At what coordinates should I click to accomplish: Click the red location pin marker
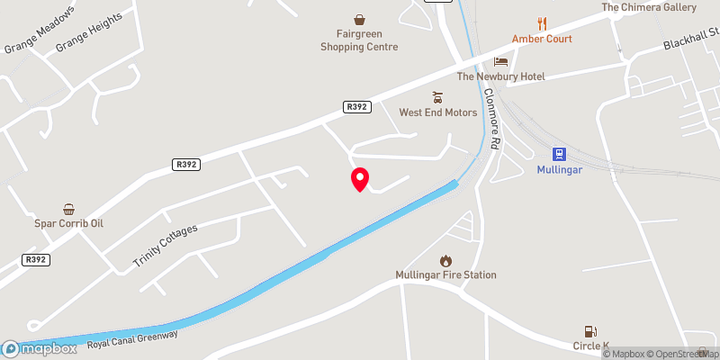point(359,179)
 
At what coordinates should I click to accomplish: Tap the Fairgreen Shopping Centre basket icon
point(360,19)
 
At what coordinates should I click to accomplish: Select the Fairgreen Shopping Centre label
point(360,40)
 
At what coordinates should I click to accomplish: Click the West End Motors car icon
point(438,97)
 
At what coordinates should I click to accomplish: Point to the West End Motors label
point(438,112)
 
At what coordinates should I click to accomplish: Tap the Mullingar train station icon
point(559,153)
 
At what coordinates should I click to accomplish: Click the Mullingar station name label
point(559,168)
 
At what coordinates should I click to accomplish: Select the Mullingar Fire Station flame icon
point(445,259)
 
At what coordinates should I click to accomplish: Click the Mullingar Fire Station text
point(445,274)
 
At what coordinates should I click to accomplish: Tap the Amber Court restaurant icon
point(542,23)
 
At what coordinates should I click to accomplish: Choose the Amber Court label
point(542,39)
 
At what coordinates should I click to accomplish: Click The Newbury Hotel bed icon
point(501,61)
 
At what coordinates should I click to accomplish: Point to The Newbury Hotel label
point(501,76)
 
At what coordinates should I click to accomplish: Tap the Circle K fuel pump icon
point(591,331)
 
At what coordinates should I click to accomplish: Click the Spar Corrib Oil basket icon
point(69,208)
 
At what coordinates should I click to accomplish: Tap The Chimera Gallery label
point(649,7)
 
